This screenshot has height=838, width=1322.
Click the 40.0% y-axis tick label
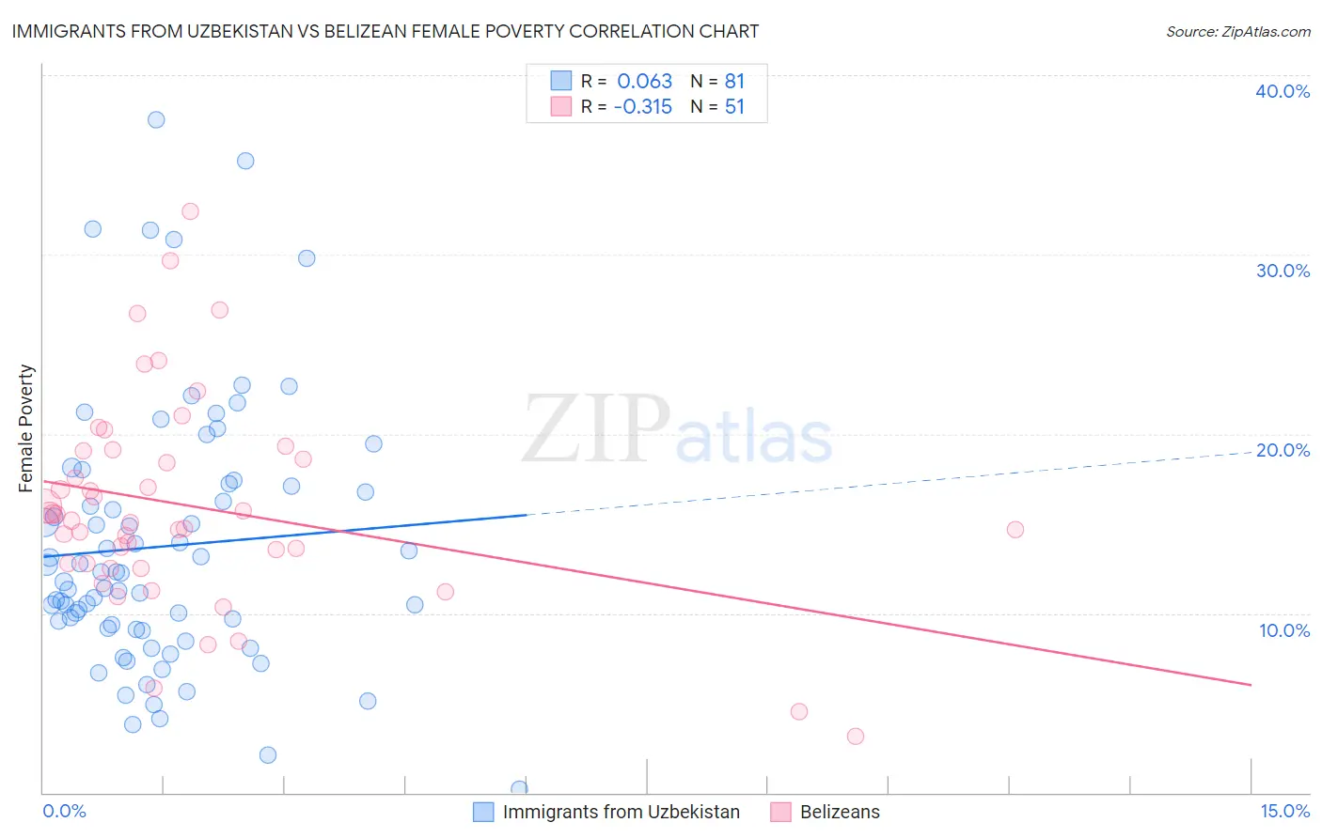click(1283, 91)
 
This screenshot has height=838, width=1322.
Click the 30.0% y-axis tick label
click(1283, 271)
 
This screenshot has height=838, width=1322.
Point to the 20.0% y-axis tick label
click(1283, 450)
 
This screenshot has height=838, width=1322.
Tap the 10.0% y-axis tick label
click(1284, 629)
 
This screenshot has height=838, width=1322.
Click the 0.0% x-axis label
click(64, 811)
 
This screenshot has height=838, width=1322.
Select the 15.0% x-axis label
click(1284, 811)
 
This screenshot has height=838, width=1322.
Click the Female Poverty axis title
click(26, 428)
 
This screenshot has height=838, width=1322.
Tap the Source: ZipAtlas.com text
click(1237, 31)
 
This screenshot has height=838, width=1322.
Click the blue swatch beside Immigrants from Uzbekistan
click(483, 812)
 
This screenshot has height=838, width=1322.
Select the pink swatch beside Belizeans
click(780, 812)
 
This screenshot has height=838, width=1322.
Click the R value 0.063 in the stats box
click(644, 82)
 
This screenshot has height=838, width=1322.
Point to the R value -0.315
click(643, 107)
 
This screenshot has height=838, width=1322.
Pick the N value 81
click(734, 82)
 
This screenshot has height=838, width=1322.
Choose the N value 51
click(734, 107)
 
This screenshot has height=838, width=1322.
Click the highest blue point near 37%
click(156, 119)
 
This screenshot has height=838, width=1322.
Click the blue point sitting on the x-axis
click(519, 788)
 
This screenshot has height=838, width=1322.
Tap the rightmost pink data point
click(1015, 529)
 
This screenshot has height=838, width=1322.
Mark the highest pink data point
click(190, 211)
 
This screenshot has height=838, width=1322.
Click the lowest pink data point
click(855, 736)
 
